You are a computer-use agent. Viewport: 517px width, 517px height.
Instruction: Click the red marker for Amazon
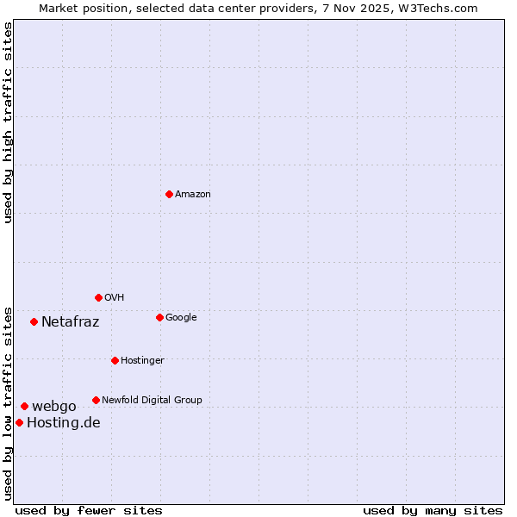click(x=169, y=194)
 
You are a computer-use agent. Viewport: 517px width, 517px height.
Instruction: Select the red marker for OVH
click(x=98, y=297)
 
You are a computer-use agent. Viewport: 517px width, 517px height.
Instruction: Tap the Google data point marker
click(x=159, y=317)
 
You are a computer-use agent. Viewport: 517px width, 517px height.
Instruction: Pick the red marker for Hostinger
click(x=115, y=360)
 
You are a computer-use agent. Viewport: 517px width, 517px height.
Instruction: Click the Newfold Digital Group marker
click(x=96, y=400)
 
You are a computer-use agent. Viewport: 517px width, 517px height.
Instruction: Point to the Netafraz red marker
click(x=34, y=321)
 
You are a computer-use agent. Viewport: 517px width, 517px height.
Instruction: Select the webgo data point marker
click(x=24, y=406)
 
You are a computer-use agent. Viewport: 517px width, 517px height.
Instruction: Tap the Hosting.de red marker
click(x=19, y=422)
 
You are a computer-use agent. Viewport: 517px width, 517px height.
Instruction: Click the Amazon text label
click(x=193, y=195)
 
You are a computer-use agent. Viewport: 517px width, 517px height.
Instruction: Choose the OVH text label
click(x=115, y=298)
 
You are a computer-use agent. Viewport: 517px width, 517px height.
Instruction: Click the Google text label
click(x=181, y=318)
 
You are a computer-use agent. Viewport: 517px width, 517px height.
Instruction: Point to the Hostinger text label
click(x=142, y=361)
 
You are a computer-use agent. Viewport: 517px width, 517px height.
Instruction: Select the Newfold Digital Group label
click(x=152, y=401)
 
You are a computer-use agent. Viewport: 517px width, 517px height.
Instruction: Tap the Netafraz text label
click(x=70, y=322)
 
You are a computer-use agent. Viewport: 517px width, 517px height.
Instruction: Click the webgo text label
click(x=54, y=407)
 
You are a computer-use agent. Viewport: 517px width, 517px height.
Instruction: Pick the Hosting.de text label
click(x=64, y=423)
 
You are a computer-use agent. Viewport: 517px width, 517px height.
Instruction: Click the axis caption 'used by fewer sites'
click(x=89, y=510)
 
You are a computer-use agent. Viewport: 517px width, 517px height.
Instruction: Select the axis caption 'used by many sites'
click(x=433, y=510)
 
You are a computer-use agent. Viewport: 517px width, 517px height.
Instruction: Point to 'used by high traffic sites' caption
click(x=8, y=122)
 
